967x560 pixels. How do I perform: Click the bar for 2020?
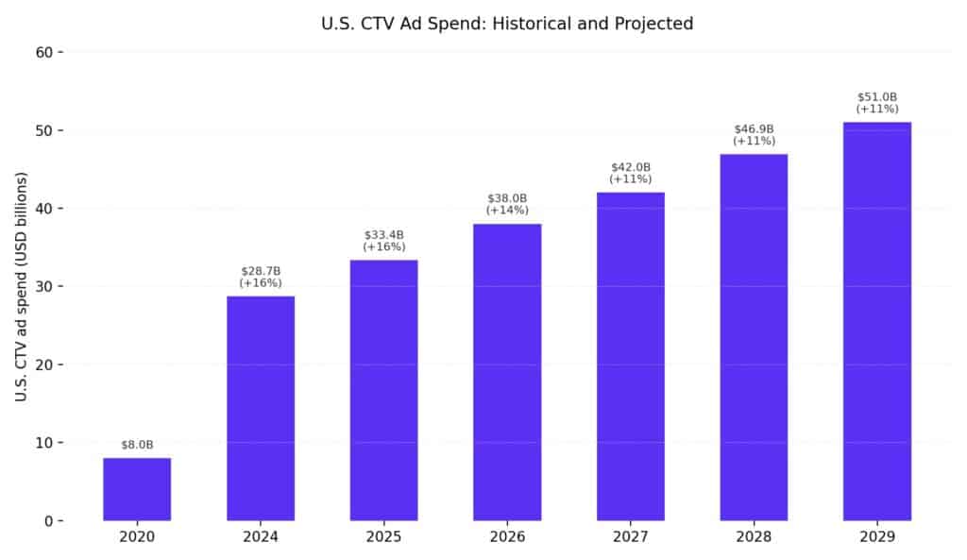point(137,489)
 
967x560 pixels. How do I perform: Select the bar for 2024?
point(261,408)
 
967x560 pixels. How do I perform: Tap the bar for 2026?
point(507,372)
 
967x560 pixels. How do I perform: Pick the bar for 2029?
point(877,321)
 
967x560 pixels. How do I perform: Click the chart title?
point(507,24)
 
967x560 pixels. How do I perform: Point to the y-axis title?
point(21,286)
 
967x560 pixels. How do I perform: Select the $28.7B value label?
point(261,271)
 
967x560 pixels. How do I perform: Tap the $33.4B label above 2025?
point(384,234)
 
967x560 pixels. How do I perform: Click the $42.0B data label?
point(631,167)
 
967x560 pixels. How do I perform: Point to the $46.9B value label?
point(755,128)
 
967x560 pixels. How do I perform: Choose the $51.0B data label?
point(877,96)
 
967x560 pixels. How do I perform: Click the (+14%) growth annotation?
point(507,210)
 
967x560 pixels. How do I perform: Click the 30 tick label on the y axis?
point(42,286)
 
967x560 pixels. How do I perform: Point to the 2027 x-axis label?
point(631,537)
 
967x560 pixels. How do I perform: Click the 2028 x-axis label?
point(755,537)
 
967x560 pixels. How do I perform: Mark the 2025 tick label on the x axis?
point(384,537)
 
